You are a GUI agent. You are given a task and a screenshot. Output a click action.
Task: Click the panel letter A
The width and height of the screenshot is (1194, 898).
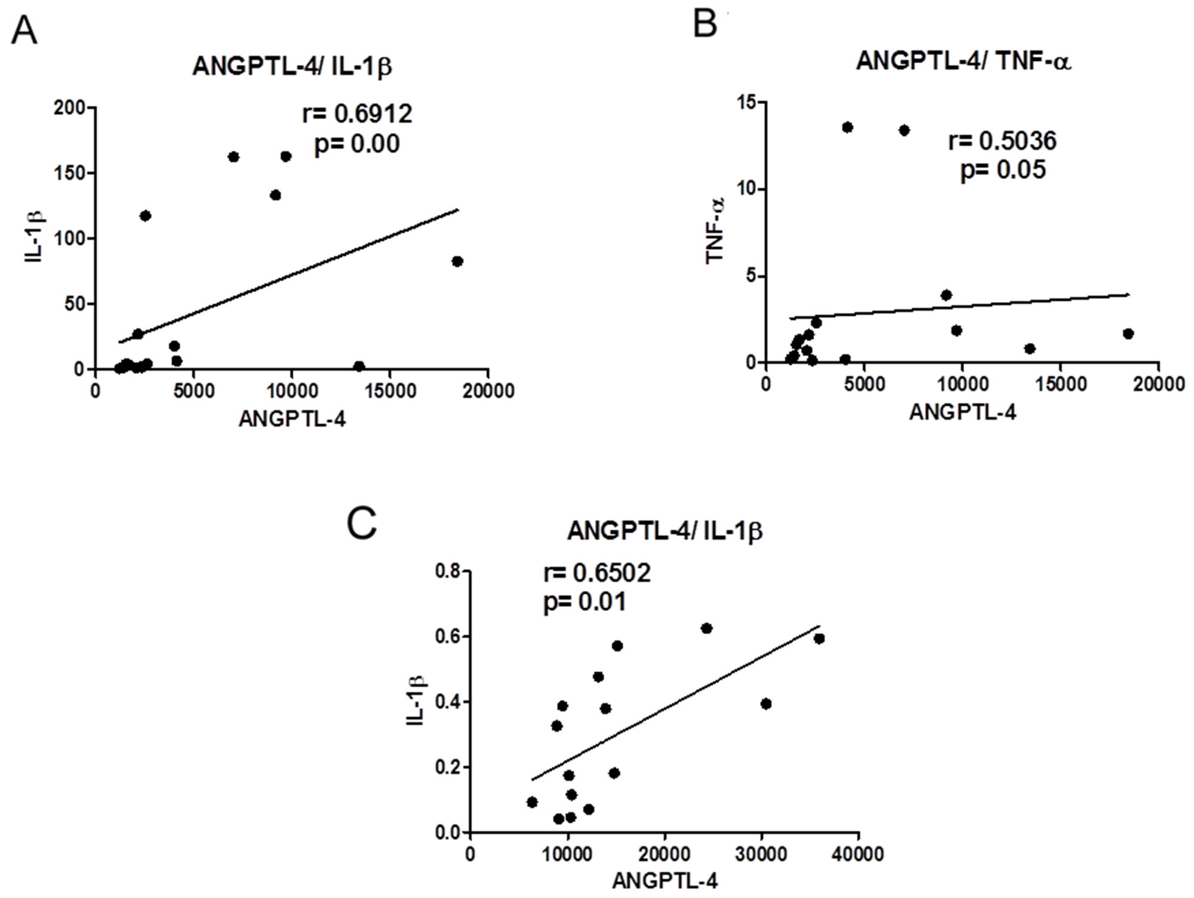click(x=24, y=32)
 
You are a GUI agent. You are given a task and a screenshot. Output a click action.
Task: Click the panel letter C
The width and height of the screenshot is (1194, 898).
click(x=362, y=523)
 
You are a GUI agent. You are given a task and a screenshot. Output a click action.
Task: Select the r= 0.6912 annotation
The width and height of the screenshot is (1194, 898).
click(x=358, y=113)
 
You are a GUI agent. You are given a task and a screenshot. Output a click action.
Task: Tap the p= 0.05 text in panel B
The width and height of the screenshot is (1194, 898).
click(x=1003, y=170)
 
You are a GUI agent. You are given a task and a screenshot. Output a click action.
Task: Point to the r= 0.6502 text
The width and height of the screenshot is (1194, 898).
click(x=597, y=573)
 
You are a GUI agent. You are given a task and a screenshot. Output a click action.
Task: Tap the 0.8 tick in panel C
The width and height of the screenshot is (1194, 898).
click(x=448, y=572)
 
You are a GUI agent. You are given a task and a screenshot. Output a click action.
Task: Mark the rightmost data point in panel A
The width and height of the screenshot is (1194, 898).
click(x=457, y=261)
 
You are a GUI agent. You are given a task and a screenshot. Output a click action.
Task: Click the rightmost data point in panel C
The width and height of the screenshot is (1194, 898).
click(x=819, y=638)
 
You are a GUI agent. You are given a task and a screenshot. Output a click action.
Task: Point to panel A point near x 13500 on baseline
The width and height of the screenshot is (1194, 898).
click(x=359, y=366)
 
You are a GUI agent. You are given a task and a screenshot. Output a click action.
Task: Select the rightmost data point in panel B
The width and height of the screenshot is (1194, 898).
click(x=1128, y=334)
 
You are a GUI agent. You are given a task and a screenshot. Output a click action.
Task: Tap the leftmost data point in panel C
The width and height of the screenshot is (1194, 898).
click(x=532, y=802)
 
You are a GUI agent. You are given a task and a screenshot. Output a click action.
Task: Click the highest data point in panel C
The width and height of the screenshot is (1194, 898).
click(x=707, y=628)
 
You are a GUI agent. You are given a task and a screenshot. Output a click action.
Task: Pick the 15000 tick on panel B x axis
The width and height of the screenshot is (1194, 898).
click(x=1060, y=384)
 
